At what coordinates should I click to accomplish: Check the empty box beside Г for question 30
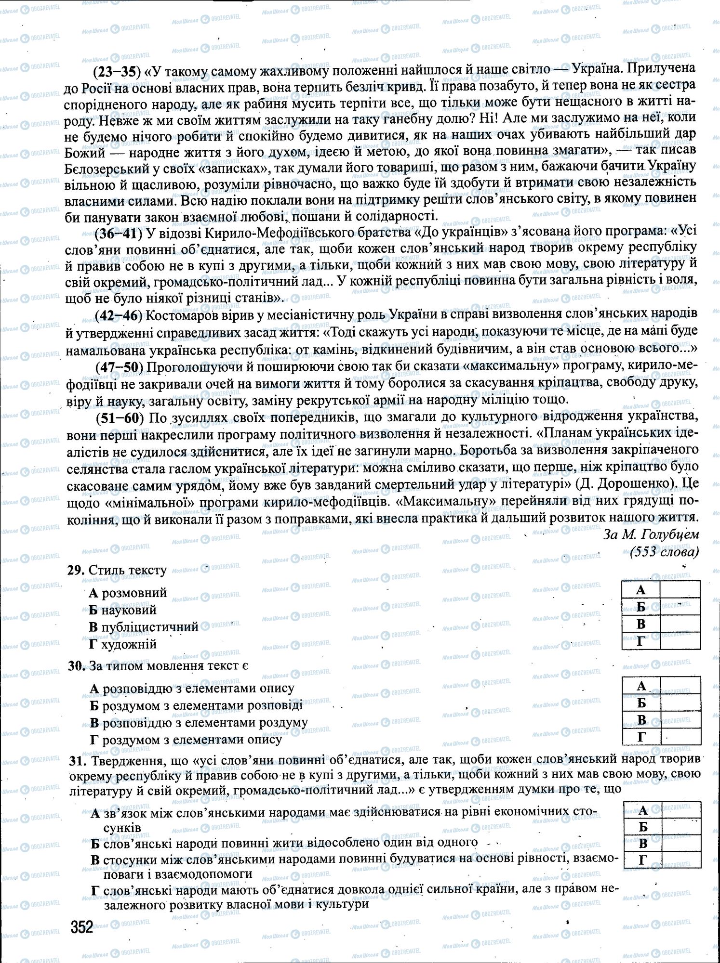[x=680, y=737]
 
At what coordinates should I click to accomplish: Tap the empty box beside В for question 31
[x=680, y=843]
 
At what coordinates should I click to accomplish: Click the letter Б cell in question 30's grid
[x=641, y=703]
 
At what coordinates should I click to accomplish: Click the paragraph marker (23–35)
[x=116, y=71]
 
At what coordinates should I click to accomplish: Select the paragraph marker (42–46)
[x=119, y=315]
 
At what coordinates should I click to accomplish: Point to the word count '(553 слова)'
[x=664, y=551]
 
